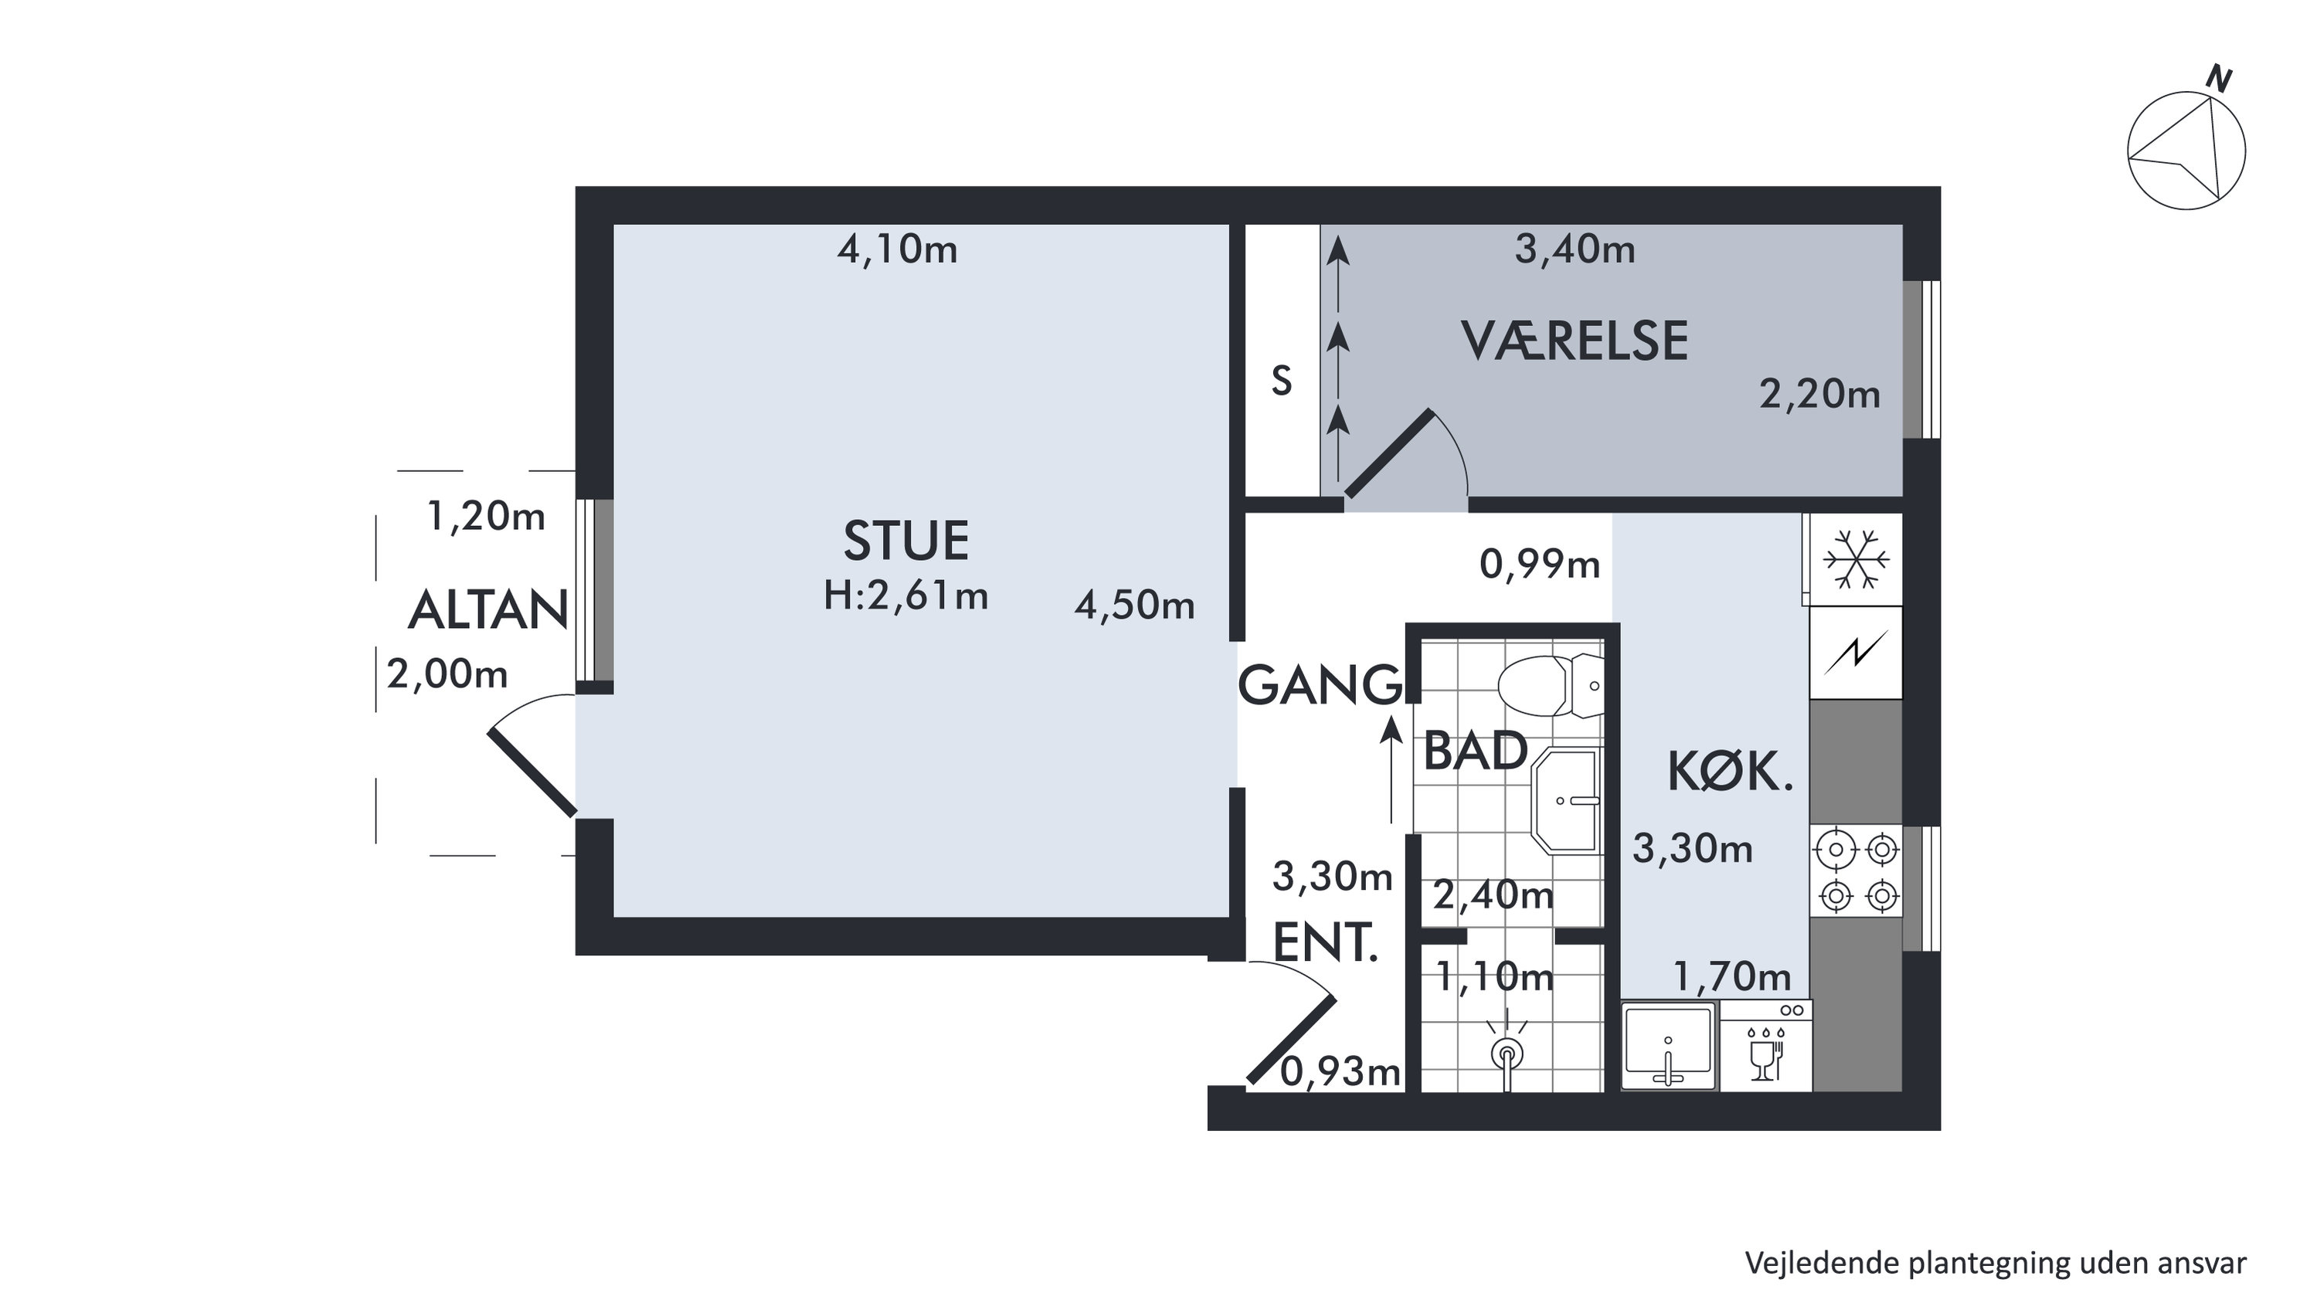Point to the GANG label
tap(1320, 685)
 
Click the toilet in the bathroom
tap(1550, 685)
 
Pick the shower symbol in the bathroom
tap(1507, 1055)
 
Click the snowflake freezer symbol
tap(1856, 560)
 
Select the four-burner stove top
tap(1857, 872)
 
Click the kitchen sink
tap(1670, 1046)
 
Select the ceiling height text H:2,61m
tap(905, 596)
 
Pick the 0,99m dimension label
tap(1540, 565)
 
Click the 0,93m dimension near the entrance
tap(1340, 1071)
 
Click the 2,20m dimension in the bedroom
tap(1819, 395)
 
